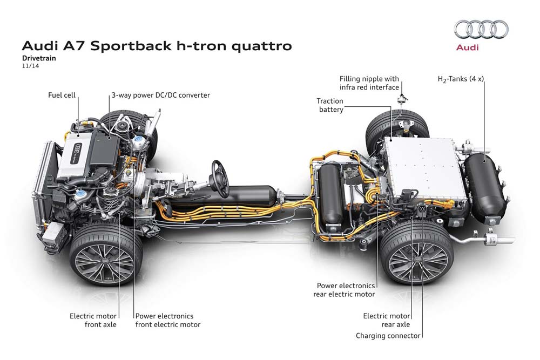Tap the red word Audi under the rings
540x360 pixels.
pyautogui.click(x=468, y=47)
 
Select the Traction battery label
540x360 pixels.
pyautogui.click(x=330, y=105)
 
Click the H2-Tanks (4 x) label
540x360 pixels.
pyautogui.click(x=461, y=79)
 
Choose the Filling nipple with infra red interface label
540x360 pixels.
pyautogui.click(x=369, y=83)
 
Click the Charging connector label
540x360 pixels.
pyautogui.click(x=388, y=336)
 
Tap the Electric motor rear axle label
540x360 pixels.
pyautogui.click(x=386, y=320)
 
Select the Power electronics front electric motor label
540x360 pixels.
pyautogui.click(x=168, y=320)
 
